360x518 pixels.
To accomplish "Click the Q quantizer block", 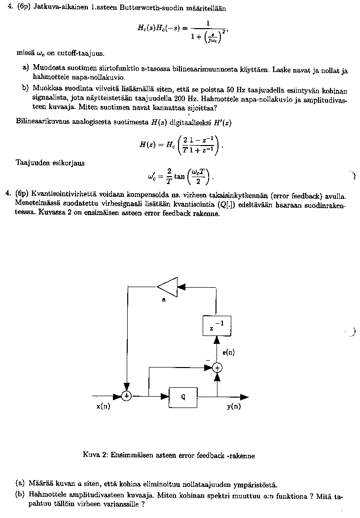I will pos(183,396).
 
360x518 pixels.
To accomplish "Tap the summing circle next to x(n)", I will pos(127,396).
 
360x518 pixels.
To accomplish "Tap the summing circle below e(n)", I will pos(217,367).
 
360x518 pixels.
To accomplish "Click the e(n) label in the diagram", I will pos(228,352).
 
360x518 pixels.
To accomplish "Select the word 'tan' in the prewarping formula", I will pos(180,176).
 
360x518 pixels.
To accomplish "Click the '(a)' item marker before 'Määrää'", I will pos(20,484).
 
